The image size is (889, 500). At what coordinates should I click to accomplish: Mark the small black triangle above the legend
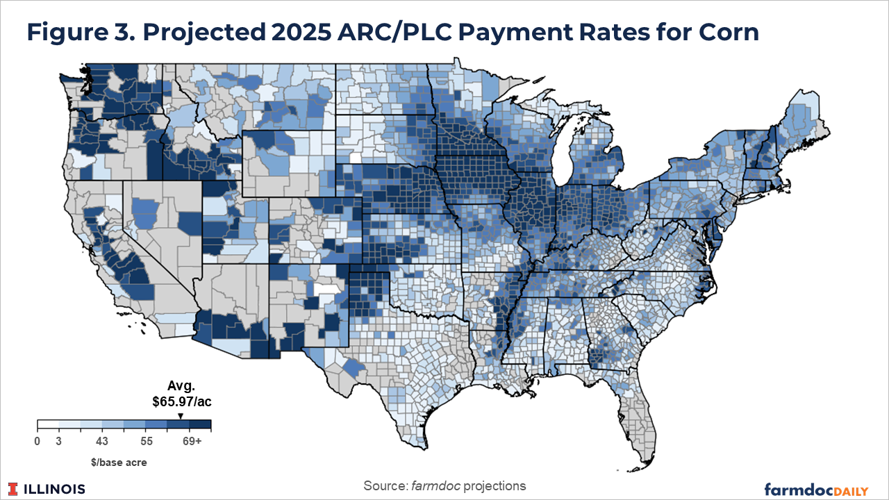[x=181, y=416]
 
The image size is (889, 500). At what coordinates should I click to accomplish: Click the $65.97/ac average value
[x=181, y=401]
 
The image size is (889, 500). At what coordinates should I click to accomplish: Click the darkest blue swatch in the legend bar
[x=200, y=425]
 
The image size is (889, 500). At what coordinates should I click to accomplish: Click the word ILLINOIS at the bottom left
[x=55, y=489]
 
